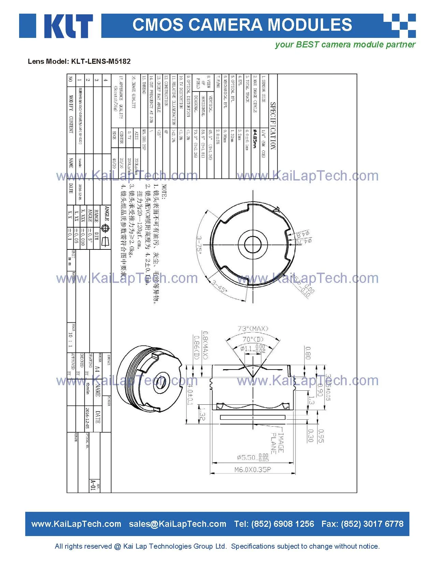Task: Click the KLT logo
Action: click(x=56, y=26)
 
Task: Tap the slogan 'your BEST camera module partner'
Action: click(x=345, y=45)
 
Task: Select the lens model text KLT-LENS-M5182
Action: click(x=101, y=61)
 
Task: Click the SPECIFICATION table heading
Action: click(x=273, y=126)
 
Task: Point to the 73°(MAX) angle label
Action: click(x=253, y=329)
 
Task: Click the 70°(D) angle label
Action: click(x=253, y=340)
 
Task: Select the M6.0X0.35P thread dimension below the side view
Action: click(x=253, y=470)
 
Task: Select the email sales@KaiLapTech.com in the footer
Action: click(x=177, y=524)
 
